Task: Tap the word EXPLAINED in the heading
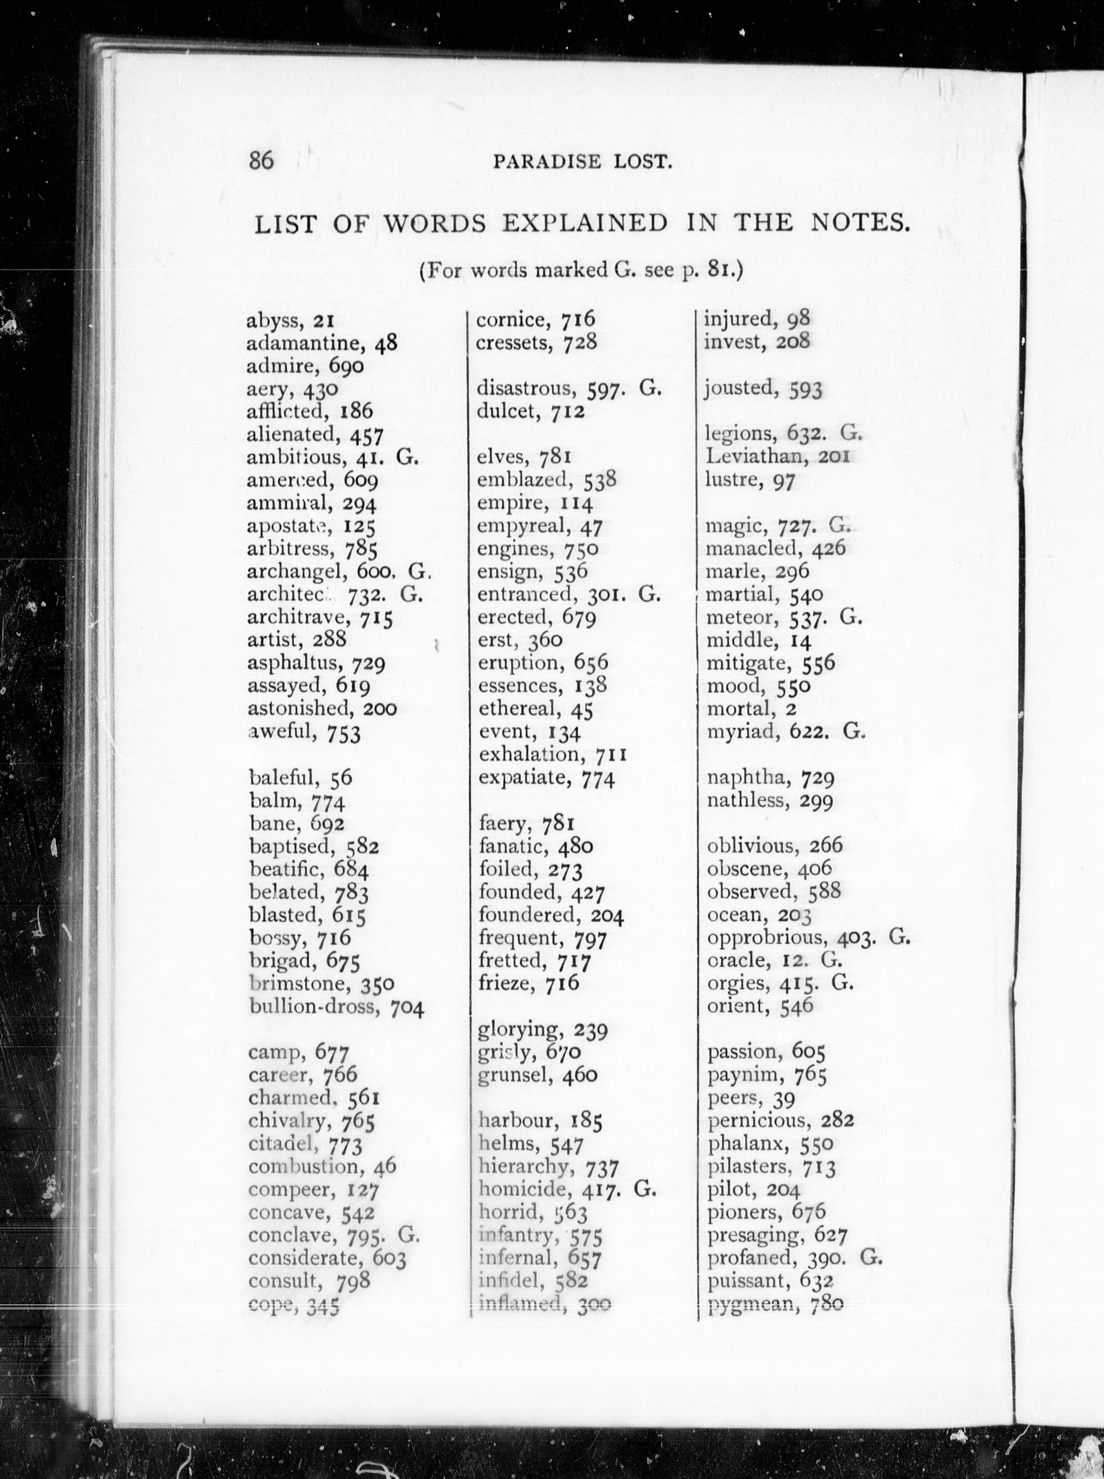[x=585, y=223]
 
